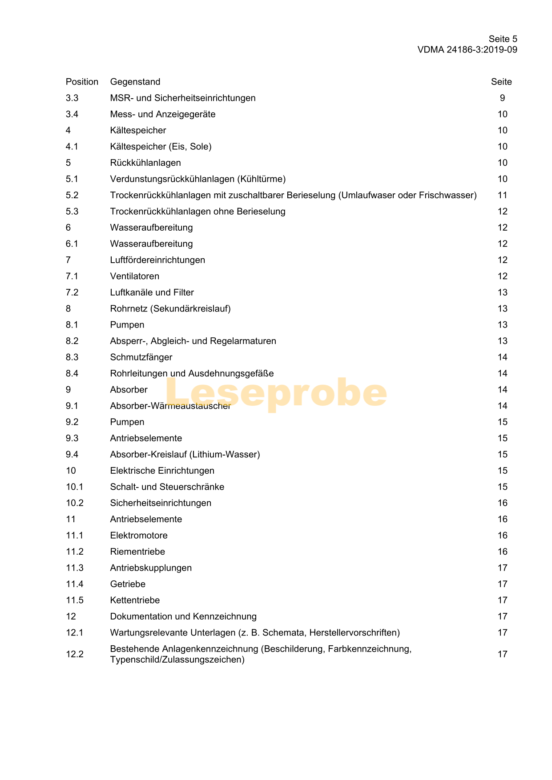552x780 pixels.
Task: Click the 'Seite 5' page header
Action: [x=503, y=39]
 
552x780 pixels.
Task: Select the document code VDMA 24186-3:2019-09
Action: [x=467, y=50]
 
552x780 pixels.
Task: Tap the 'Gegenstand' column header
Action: [x=135, y=82]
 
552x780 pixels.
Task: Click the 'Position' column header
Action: [x=82, y=82]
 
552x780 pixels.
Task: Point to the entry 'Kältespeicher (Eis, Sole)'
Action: [x=161, y=147]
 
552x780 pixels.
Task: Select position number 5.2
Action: [x=72, y=195]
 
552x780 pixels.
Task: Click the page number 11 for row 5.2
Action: [x=502, y=195]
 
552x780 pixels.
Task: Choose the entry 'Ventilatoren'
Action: [x=135, y=276]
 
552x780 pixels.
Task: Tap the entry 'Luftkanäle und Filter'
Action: [x=152, y=292]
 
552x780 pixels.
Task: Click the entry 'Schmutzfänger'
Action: [x=141, y=357]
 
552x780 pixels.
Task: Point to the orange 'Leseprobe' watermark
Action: [x=276, y=393]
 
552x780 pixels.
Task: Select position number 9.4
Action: [x=72, y=455]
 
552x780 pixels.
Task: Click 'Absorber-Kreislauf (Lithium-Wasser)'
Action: [x=185, y=455]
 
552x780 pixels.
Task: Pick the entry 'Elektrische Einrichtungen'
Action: [x=162, y=471]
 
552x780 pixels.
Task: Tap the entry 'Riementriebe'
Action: [x=137, y=552]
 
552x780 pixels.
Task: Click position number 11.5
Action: [x=75, y=600]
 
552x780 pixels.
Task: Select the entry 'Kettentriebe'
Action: [x=135, y=600]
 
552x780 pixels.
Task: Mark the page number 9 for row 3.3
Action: [x=502, y=98]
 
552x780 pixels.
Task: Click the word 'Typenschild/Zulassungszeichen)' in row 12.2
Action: [x=177, y=660]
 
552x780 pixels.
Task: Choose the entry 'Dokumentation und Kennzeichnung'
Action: [x=183, y=617]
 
